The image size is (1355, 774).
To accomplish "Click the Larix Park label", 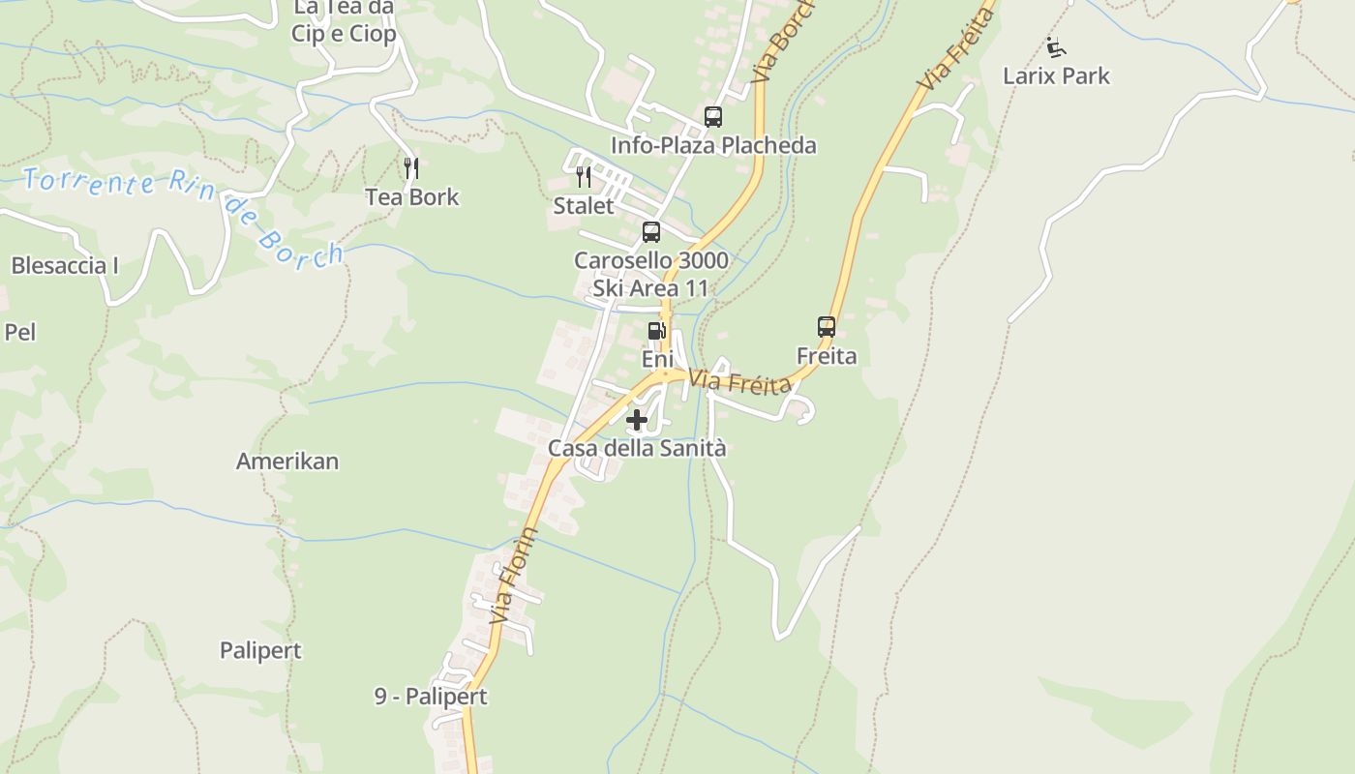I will tap(1056, 75).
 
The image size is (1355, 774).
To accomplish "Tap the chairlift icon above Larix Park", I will tap(1056, 46).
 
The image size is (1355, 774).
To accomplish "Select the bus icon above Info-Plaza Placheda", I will tap(713, 117).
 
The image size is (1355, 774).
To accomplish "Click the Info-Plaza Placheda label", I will tap(713, 145).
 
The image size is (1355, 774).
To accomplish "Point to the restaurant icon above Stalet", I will tap(584, 177).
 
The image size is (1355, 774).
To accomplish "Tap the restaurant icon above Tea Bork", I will tap(411, 168).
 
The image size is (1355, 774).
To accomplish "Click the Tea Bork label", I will tap(412, 197).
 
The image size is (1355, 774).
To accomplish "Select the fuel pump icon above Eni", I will tap(657, 331).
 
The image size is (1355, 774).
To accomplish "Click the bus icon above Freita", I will tap(827, 327).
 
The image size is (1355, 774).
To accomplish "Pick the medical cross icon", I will tap(637, 420).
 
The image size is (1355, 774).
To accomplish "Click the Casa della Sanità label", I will tap(637, 448).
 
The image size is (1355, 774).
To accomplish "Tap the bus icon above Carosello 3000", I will tap(651, 232).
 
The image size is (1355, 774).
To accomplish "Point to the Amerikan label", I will tap(287, 461).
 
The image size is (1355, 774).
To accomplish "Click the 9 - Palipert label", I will tap(431, 697).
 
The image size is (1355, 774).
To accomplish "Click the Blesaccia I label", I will tap(65, 265).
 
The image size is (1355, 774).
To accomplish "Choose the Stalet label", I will tap(584, 206).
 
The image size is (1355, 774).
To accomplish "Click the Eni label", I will tap(657, 359).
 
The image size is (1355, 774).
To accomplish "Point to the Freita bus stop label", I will tap(827, 356).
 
